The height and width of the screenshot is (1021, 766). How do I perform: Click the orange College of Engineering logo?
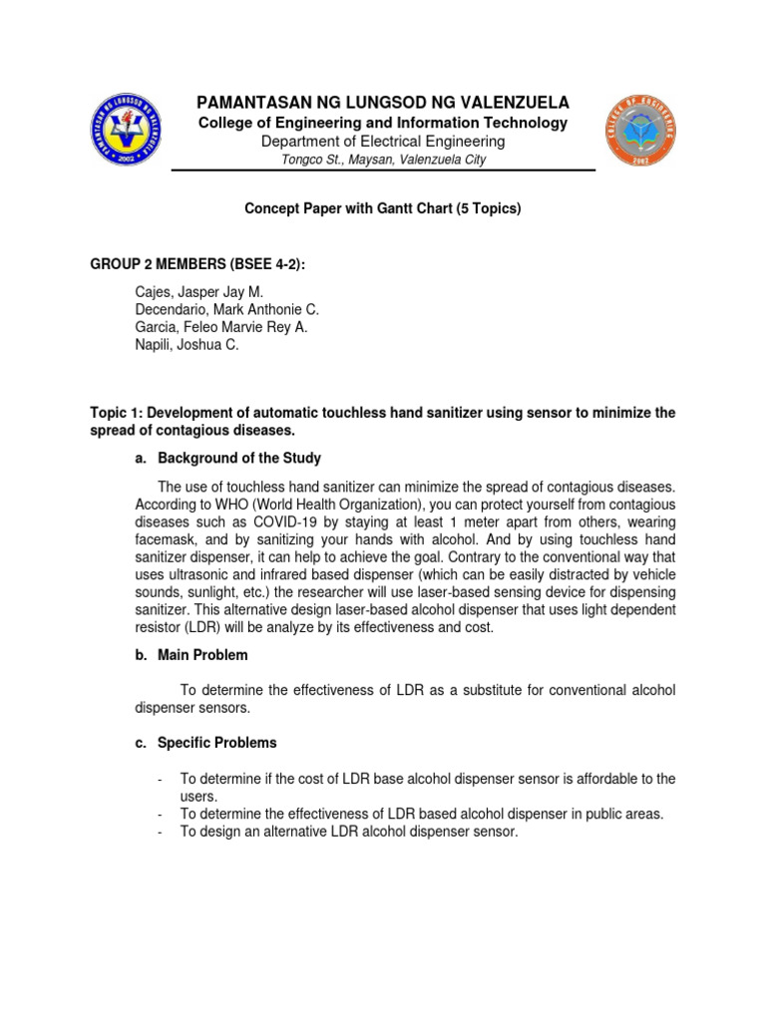point(640,131)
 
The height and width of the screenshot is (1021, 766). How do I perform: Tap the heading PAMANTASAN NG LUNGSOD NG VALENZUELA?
point(383,103)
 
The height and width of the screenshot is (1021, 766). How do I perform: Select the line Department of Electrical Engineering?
point(383,142)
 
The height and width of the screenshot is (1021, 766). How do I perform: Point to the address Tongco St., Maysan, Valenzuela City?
point(383,161)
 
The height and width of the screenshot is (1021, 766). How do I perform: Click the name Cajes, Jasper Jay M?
point(198,292)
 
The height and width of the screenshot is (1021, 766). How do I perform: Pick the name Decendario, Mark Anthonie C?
point(226,310)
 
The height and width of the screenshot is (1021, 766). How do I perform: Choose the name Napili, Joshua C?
point(187,345)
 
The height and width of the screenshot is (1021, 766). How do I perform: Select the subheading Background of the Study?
point(239,458)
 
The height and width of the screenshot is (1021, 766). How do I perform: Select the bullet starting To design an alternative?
point(349,832)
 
